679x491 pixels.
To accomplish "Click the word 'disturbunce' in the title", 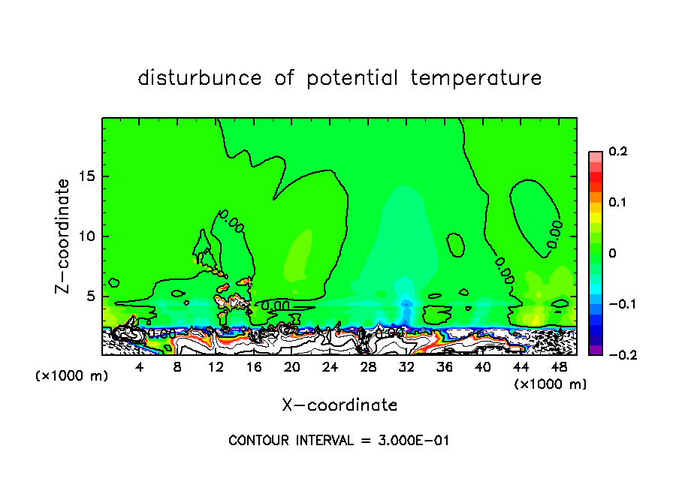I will [200, 78].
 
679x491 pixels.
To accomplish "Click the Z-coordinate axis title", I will [65, 236].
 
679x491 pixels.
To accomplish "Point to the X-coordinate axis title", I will [339, 405].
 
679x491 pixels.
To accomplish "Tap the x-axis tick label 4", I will [140, 367].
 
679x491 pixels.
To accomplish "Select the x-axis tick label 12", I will [216, 367].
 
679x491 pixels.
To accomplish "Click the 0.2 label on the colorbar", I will [617, 152].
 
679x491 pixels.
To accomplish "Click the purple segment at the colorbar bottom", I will [595, 349].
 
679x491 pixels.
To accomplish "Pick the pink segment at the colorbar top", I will [595, 157].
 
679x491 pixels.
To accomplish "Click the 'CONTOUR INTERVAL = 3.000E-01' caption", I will [339, 441].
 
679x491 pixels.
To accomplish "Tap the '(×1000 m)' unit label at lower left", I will [72, 376].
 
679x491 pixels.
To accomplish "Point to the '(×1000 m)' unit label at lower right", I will [551, 384].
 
